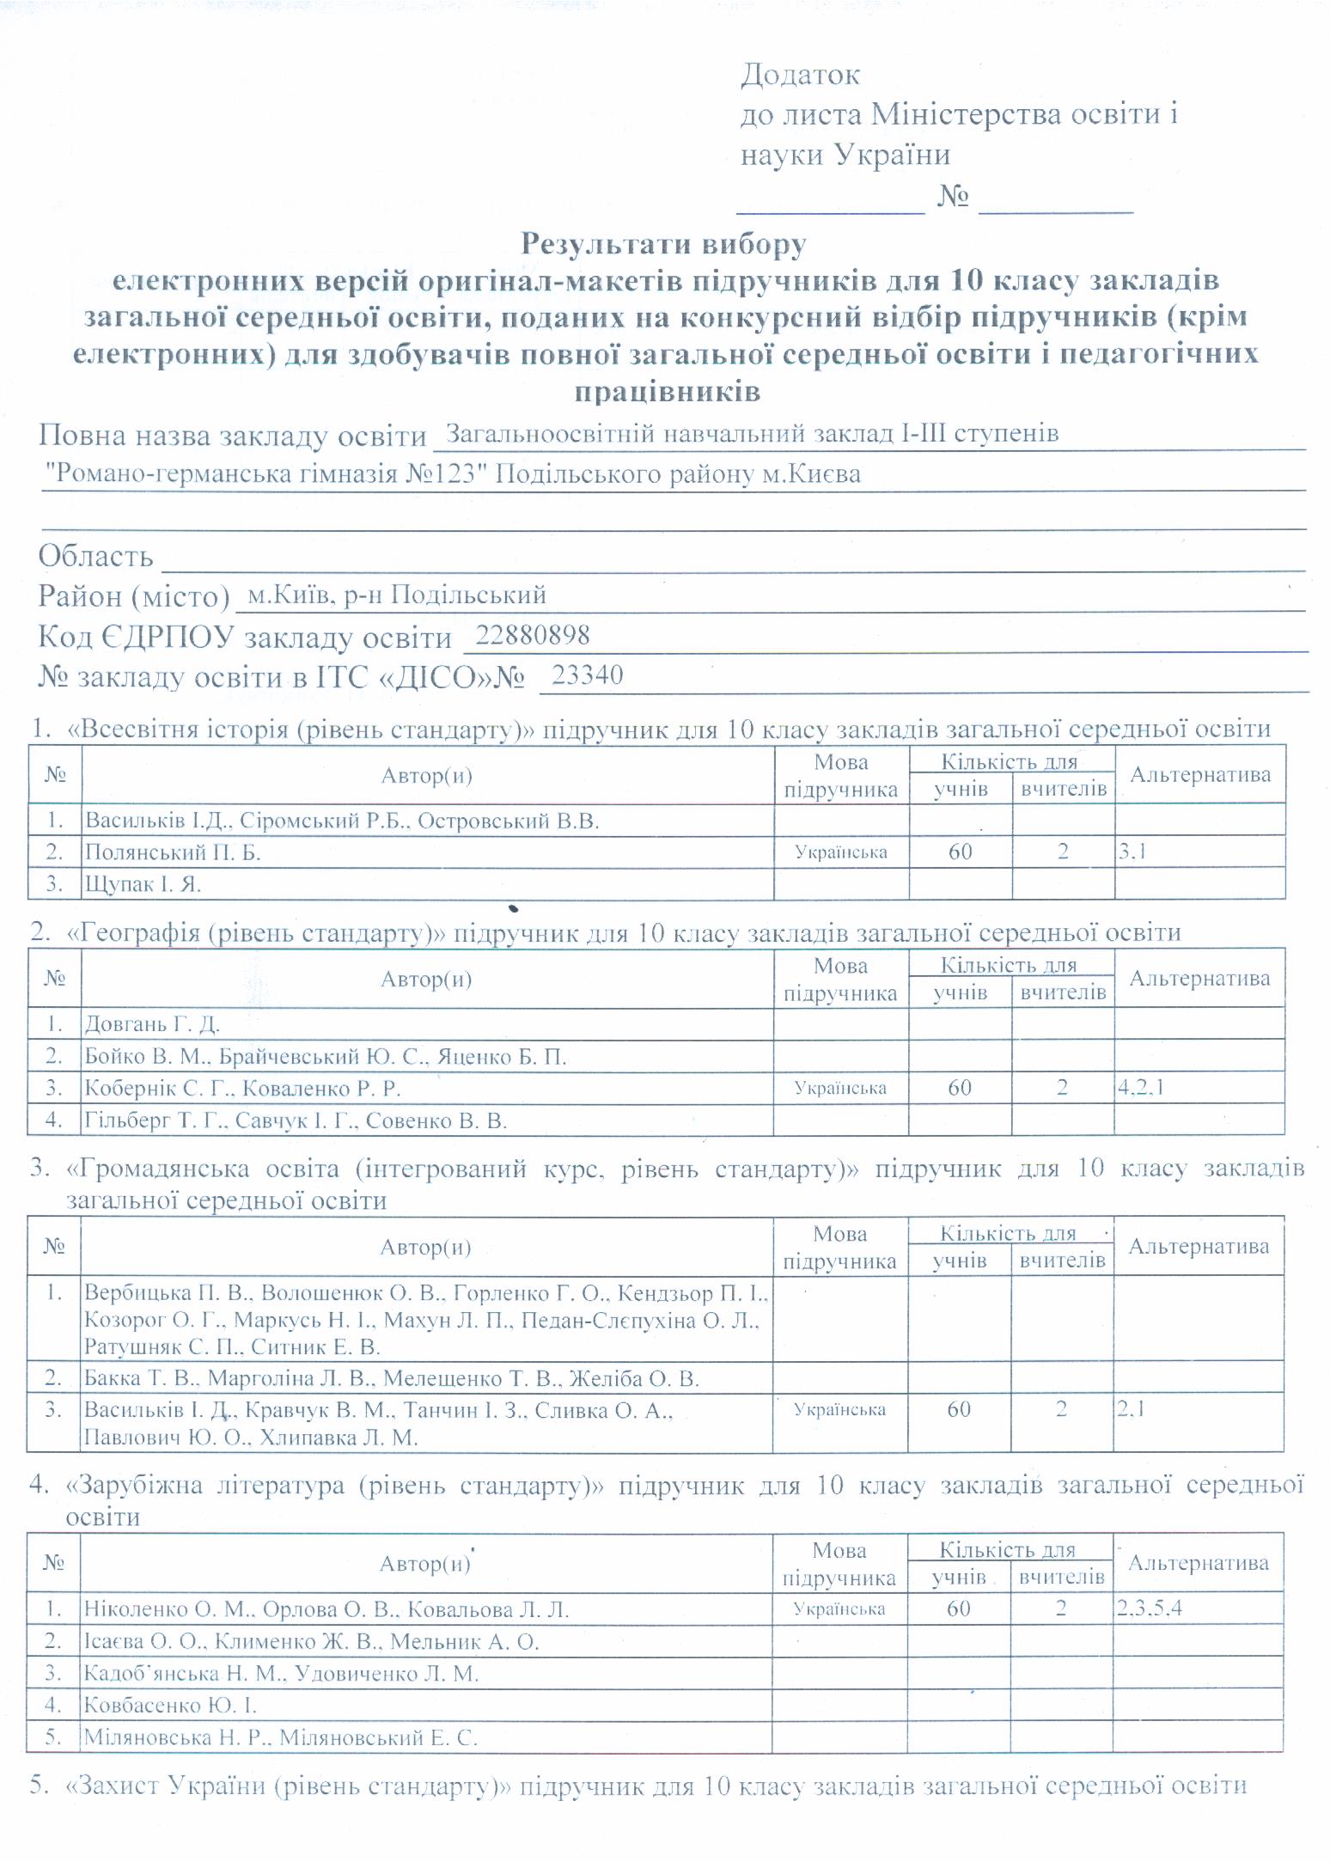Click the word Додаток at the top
pos(800,75)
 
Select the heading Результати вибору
pos(663,244)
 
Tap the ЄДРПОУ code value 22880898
pos(533,635)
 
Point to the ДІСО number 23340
pos(588,675)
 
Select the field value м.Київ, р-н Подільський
pos(396,595)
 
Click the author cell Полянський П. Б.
pos(173,852)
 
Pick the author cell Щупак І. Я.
pos(143,883)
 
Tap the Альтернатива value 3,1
pos(1132,852)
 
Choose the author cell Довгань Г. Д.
pos(152,1023)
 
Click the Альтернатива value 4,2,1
pos(1141,1087)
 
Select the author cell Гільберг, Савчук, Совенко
pos(296,1120)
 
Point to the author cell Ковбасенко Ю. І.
pos(170,1704)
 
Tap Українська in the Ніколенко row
pos(839,1609)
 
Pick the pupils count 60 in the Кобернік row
pos(960,1088)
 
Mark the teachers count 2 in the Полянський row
pos(1063,852)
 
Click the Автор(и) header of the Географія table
pos(426,979)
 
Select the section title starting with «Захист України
pos(655,1786)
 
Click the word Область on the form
pos(95,557)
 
